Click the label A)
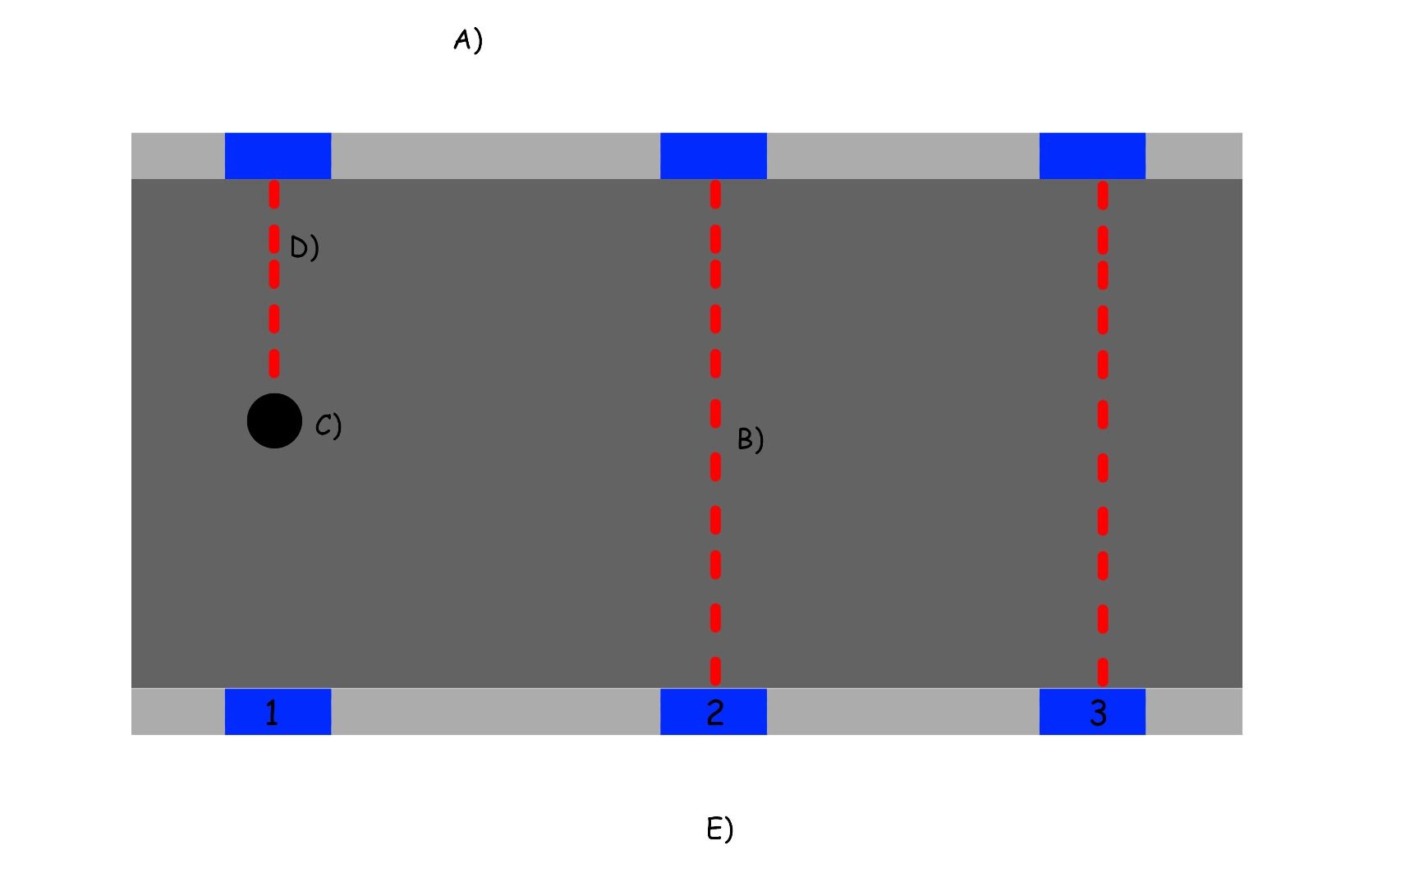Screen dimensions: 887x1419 468,40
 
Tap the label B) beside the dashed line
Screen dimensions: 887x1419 750,439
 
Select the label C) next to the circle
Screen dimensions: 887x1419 328,425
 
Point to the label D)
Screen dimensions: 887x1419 304,247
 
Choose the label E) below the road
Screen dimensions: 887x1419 719,829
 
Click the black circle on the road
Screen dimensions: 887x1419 274,421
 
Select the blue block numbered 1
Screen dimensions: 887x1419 278,711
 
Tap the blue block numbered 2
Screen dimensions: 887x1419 713,711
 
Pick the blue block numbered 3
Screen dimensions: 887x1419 1092,711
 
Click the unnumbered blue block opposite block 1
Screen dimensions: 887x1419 278,155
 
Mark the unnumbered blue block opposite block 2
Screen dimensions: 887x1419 713,155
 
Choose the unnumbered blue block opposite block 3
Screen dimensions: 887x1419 1092,155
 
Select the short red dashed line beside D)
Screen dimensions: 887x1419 274,279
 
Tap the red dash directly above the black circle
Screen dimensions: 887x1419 274,362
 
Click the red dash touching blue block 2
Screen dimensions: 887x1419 715,671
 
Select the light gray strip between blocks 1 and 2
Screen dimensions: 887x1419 495,711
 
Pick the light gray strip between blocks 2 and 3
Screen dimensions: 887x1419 902,711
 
